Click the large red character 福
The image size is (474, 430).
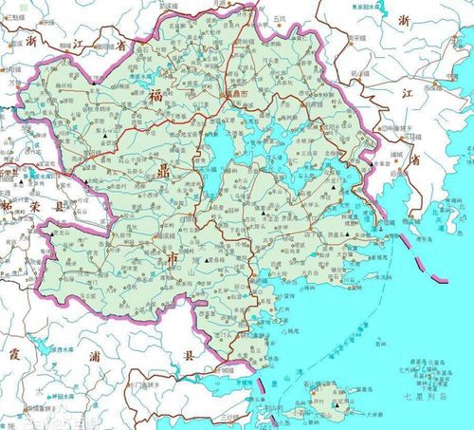[x=155, y=94]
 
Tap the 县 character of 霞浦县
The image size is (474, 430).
[x=188, y=357]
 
